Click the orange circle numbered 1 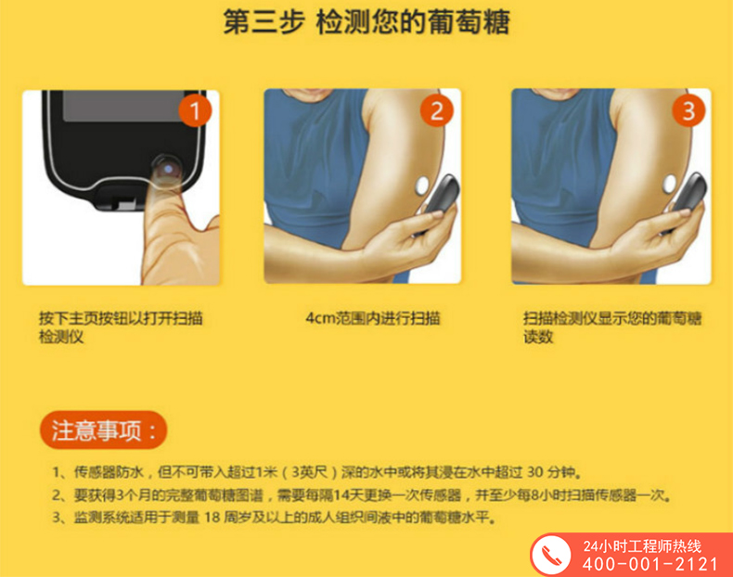(x=195, y=110)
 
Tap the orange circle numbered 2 (x=437, y=110)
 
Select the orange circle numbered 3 (x=688, y=110)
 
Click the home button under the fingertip (x=167, y=169)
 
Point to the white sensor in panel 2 (x=422, y=186)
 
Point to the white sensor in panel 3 (x=670, y=184)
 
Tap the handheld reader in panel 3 (x=687, y=199)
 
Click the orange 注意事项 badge (x=103, y=430)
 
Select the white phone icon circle (x=552, y=555)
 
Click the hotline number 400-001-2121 (x=649, y=564)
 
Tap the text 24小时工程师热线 (x=642, y=546)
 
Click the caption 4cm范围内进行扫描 (x=373, y=318)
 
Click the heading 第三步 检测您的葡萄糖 (x=366, y=21)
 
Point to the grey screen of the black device (x=123, y=106)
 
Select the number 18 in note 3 (x=212, y=518)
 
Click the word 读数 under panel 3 (x=538, y=337)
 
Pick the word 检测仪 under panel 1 (x=61, y=337)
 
